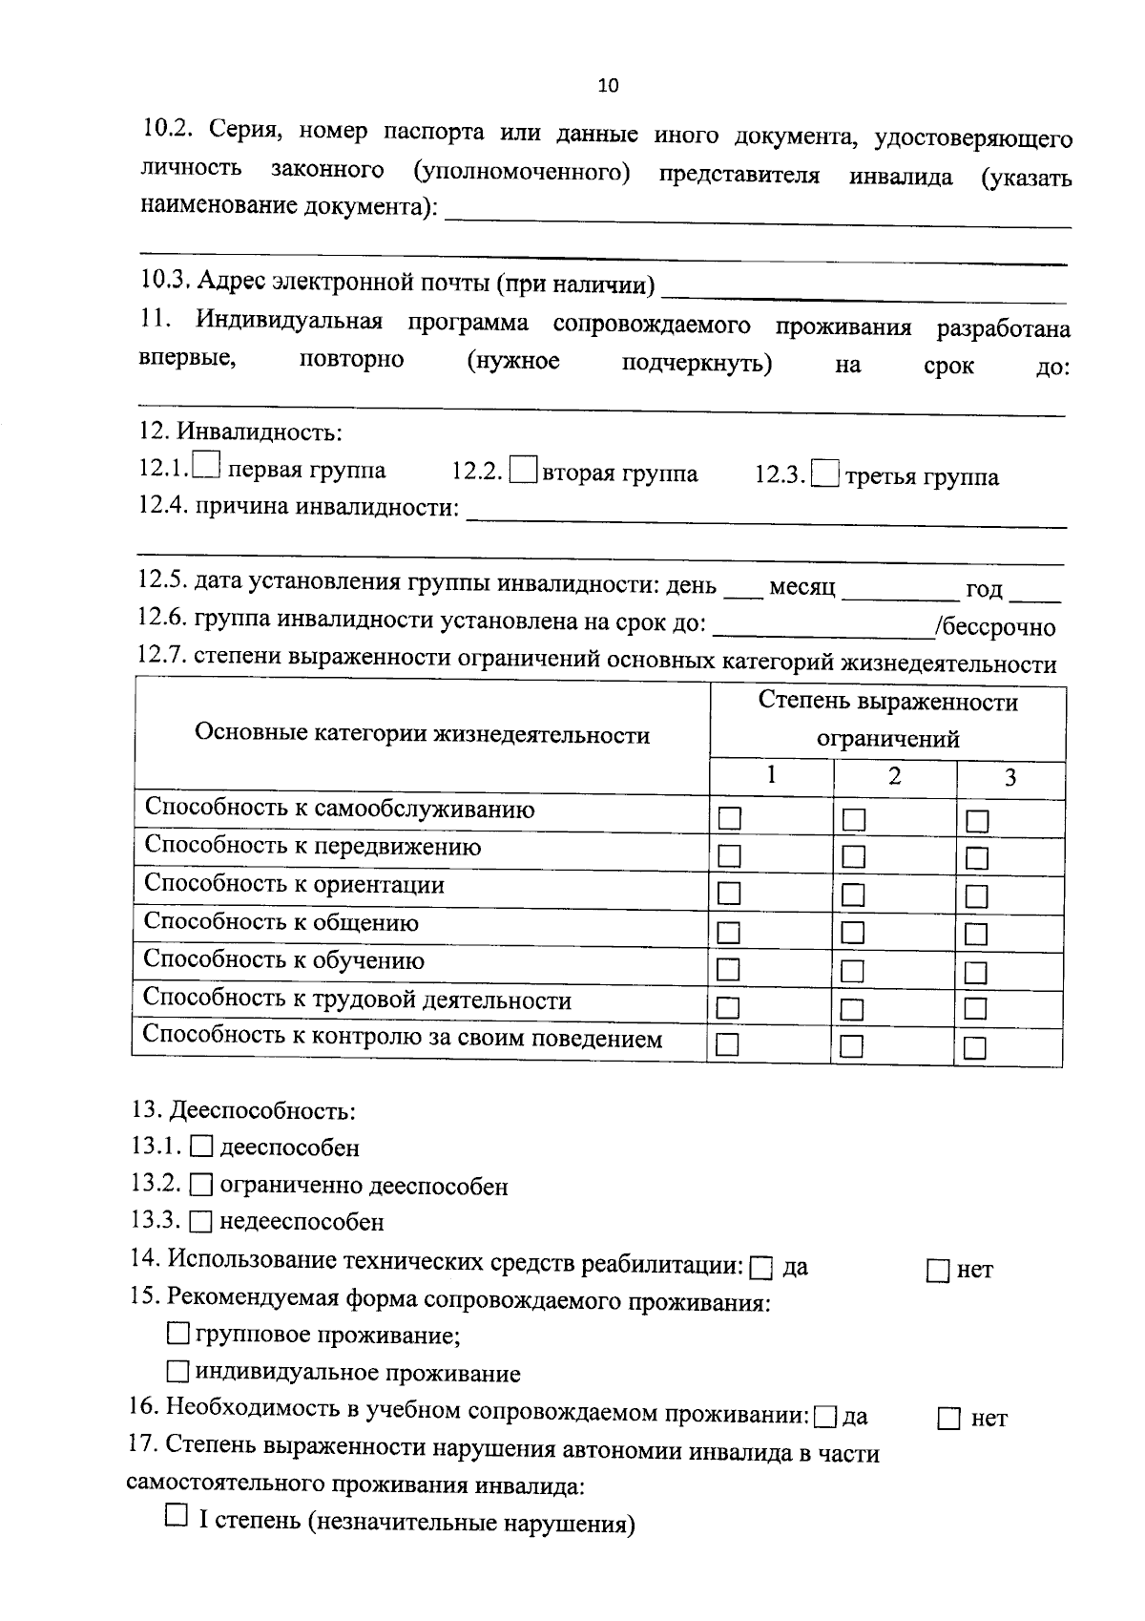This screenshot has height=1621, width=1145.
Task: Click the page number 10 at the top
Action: pyautogui.click(x=608, y=86)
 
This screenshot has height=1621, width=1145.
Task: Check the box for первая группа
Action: pyautogui.click(x=206, y=465)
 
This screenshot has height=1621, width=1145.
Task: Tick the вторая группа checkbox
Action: pyautogui.click(x=523, y=471)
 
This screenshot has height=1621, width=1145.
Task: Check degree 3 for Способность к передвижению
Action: pyautogui.click(x=976, y=858)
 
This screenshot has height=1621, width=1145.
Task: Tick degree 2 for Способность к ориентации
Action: pyautogui.click(x=853, y=895)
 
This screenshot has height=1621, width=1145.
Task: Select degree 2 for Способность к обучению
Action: pyautogui.click(x=852, y=971)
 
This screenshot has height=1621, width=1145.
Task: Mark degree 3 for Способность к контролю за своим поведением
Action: pyautogui.click(x=974, y=1047)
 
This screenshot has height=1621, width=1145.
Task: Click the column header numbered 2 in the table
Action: pyautogui.click(x=894, y=776)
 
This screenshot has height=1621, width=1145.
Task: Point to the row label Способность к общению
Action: pyautogui.click(x=281, y=922)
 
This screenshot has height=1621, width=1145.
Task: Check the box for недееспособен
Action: pyautogui.click(x=200, y=1221)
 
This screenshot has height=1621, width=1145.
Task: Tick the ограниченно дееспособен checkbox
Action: pyautogui.click(x=200, y=1186)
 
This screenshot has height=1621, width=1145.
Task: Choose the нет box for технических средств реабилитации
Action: pyautogui.click(x=938, y=1271)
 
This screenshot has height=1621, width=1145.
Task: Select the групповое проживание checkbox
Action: pyautogui.click(x=178, y=1333)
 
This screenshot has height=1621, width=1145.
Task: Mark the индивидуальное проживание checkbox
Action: pyautogui.click(x=178, y=1372)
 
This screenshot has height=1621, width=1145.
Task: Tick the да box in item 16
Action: pyautogui.click(x=827, y=1418)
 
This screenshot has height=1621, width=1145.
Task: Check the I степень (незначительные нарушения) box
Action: pyautogui.click(x=176, y=1515)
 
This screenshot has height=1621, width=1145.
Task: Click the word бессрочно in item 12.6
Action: pyautogui.click(x=999, y=627)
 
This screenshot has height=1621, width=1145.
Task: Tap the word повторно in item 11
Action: pyautogui.click(x=351, y=359)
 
